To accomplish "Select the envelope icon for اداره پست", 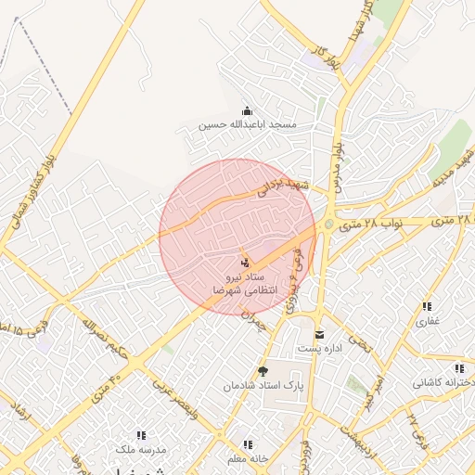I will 319,335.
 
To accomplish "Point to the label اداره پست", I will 320,349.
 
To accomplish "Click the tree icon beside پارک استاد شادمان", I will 263,371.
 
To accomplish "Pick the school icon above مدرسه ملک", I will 141,435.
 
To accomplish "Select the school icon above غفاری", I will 427,306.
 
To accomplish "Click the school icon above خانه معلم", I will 248,444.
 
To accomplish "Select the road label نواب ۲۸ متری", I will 367,224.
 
